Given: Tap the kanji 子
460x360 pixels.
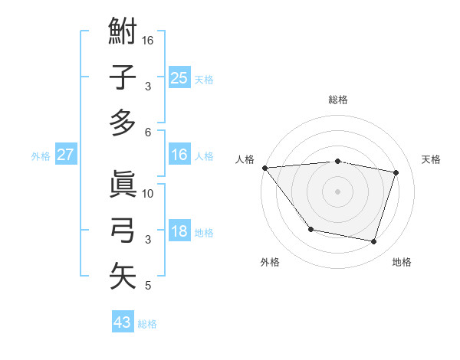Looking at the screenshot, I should pos(123,78).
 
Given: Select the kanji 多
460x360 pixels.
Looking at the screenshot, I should pos(123,123).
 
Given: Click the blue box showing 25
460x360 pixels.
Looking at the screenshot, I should pos(179,77).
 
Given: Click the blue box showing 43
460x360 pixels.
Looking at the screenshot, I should pos(123,322).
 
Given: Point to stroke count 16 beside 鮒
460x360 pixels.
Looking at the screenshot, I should pos(149,40).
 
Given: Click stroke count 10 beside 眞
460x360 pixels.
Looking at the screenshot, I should pos(149,193).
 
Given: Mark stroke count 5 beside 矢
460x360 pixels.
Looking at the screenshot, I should pos(147,286).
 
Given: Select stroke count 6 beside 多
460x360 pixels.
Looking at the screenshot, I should pos(147,132).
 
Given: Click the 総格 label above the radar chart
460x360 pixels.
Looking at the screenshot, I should pos(337,100).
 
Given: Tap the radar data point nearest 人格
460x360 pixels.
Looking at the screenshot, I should pos(264,168).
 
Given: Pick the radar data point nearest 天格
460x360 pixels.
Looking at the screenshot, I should pos(396,172).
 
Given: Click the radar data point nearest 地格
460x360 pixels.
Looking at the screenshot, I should pos(373,242).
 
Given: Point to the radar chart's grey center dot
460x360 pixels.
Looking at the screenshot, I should pos(337,191).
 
